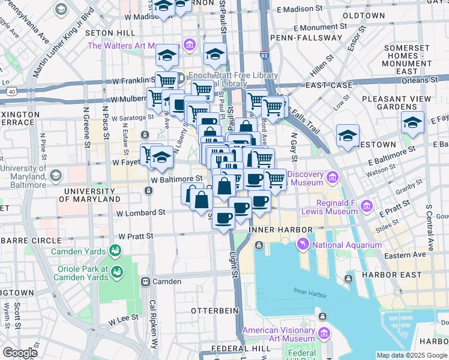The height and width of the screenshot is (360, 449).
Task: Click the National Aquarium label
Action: (346, 245)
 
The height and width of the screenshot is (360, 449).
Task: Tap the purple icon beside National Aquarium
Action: (303, 245)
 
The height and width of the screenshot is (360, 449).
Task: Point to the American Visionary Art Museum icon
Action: (324, 333)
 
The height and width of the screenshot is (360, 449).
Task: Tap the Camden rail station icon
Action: (145, 281)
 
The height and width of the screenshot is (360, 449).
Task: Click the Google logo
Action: (20, 353)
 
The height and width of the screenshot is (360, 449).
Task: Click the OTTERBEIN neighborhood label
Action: (214, 310)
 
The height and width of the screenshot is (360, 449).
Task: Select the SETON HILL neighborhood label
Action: (110, 32)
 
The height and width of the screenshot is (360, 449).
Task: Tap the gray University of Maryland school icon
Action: (55, 175)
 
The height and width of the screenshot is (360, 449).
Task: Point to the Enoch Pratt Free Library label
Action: (233, 76)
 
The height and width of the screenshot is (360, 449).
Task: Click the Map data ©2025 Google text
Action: (412, 355)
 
